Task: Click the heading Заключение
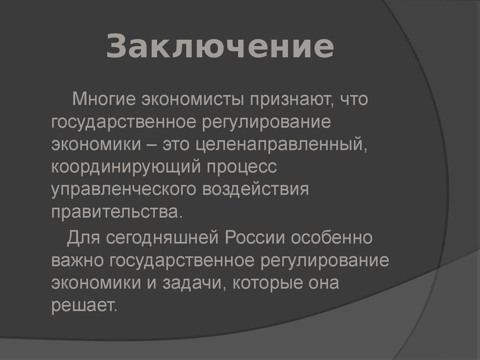point(220,47)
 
